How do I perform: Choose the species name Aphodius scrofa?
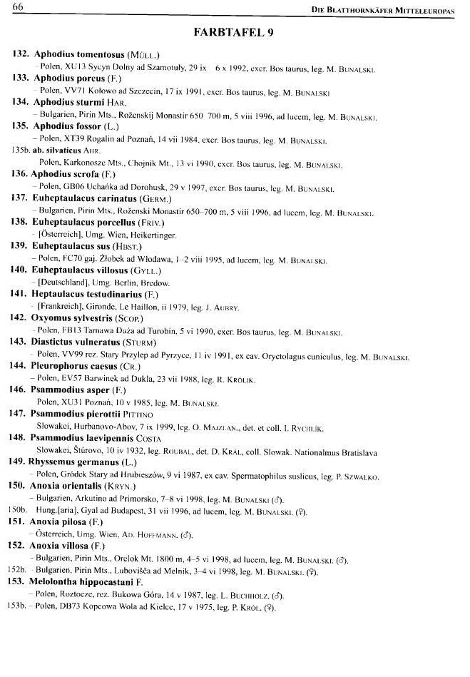click(x=65, y=174)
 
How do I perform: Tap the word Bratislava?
click(x=356, y=452)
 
